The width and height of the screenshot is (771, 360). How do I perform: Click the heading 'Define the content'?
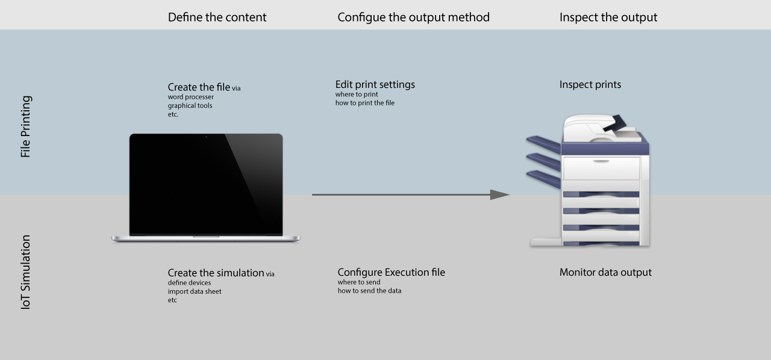pyautogui.click(x=217, y=17)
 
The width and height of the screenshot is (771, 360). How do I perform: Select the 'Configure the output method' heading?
pyautogui.click(x=413, y=17)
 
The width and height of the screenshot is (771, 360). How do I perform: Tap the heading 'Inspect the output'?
pyautogui.click(x=608, y=17)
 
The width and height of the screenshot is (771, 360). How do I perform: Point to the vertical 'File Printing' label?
pyautogui.click(x=25, y=126)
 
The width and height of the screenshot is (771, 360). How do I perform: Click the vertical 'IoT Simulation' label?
pyautogui.click(x=25, y=272)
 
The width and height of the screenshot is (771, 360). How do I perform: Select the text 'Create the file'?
pyautogui.click(x=199, y=87)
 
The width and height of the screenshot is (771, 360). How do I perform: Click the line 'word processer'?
pyautogui.click(x=190, y=97)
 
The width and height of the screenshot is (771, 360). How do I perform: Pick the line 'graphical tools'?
pyautogui.click(x=190, y=106)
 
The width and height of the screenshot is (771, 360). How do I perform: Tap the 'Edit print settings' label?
pyautogui.click(x=375, y=84)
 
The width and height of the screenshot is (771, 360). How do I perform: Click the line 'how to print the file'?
pyautogui.click(x=365, y=103)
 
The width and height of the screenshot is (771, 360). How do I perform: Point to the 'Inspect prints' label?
pyautogui.click(x=590, y=84)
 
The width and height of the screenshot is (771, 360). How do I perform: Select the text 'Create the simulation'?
pyautogui.click(x=216, y=273)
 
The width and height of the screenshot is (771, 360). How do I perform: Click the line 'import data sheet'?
pyautogui.click(x=195, y=291)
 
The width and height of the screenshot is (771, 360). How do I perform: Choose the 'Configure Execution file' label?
pyautogui.click(x=391, y=272)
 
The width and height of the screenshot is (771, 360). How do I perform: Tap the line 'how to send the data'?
pyautogui.click(x=369, y=291)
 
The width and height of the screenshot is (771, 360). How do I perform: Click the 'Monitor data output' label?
pyautogui.click(x=605, y=272)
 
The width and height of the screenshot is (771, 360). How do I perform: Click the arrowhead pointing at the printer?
pyautogui.click(x=499, y=194)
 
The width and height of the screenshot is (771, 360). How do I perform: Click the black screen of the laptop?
pyautogui.click(x=206, y=184)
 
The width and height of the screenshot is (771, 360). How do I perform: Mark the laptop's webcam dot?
pyautogui.click(x=206, y=137)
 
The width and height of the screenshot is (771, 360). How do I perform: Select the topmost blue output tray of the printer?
pyautogui.click(x=543, y=143)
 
